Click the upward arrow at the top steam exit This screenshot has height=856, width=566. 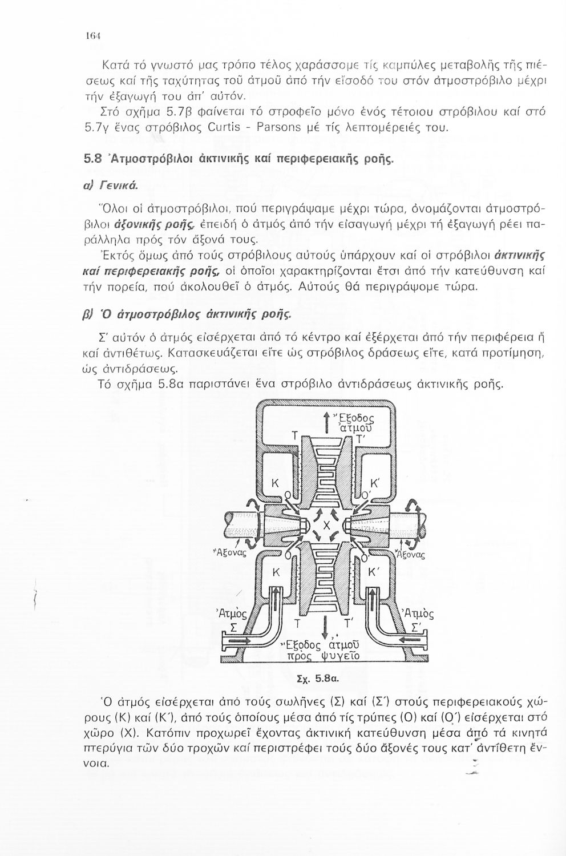click(x=326, y=419)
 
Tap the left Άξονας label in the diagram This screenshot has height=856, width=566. click(x=229, y=552)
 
